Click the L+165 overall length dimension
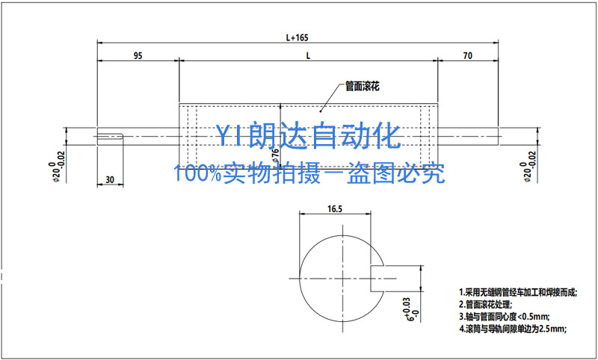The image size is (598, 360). (298, 36)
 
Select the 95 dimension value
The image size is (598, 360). (138, 56)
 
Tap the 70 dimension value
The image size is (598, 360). (467, 56)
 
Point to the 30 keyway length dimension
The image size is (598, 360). (111, 180)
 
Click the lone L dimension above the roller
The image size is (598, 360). (308, 56)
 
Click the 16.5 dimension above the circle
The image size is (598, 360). (335, 209)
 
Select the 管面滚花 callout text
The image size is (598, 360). (363, 87)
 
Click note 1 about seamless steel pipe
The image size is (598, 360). (517, 291)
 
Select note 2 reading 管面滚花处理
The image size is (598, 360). (485, 304)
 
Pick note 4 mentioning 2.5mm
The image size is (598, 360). (512, 329)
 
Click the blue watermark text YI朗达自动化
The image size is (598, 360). (309, 136)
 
